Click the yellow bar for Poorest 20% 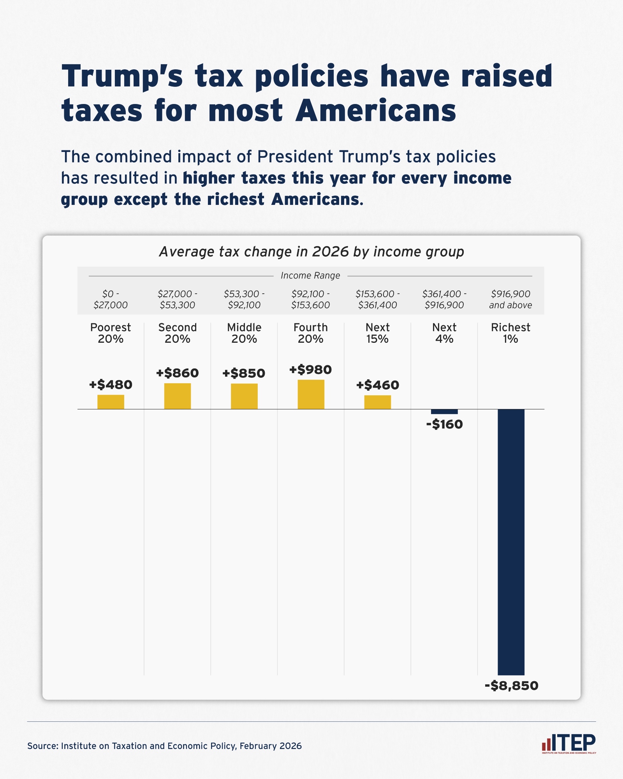click(x=111, y=402)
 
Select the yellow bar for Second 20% click(x=178, y=396)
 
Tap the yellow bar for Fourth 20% click(x=311, y=394)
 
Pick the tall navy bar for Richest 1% click(x=511, y=541)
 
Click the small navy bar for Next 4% click(x=444, y=412)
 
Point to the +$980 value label click(x=310, y=370)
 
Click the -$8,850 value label click(x=511, y=686)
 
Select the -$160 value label click(x=444, y=424)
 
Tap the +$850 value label click(x=244, y=373)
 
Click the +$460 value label click(x=377, y=385)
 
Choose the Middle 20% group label click(x=244, y=333)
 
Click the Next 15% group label click(x=377, y=333)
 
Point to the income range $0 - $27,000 click(x=111, y=299)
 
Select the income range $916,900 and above click(x=510, y=299)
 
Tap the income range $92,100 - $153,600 click(x=310, y=299)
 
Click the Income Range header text click(x=310, y=276)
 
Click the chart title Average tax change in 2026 click(x=311, y=252)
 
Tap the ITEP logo click(x=569, y=744)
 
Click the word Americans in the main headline click(x=376, y=111)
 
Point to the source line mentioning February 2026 click(x=164, y=746)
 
